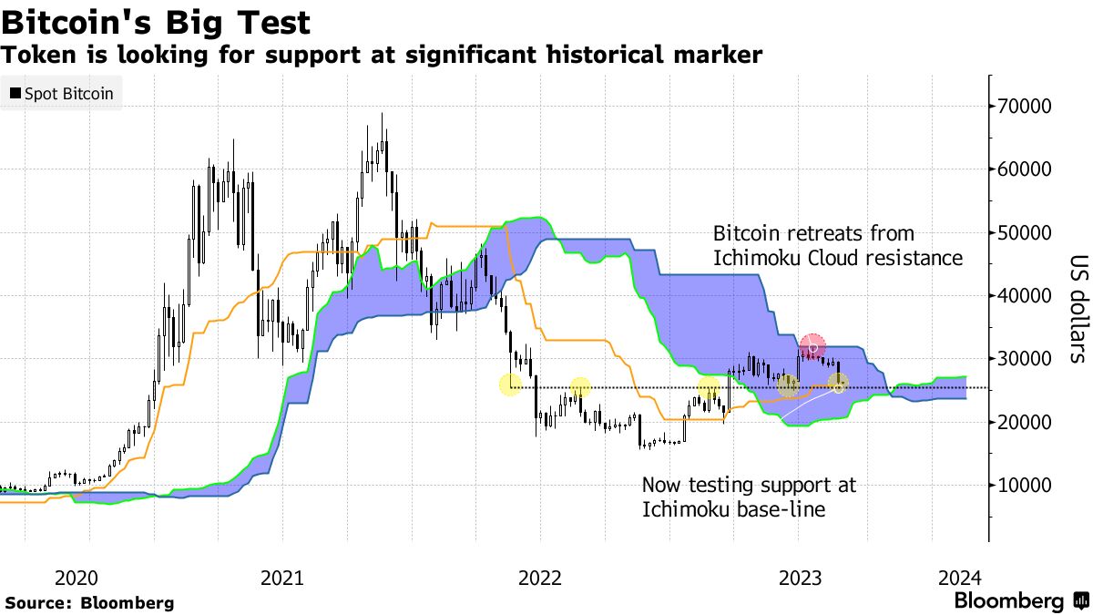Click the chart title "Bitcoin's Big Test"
click(156, 22)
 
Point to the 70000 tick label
click(1027, 107)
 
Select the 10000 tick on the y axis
click(1027, 486)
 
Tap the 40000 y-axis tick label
click(1027, 296)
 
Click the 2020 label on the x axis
click(76, 578)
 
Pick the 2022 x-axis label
click(539, 578)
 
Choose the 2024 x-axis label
click(959, 578)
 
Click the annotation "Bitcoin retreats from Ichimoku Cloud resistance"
click(837, 246)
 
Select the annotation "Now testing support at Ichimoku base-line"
click(749, 497)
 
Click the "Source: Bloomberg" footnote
click(89, 602)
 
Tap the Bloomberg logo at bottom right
click(1021, 601)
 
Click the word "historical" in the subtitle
click(598, 56)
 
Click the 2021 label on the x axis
click(281, 578)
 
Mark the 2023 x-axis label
click(802, 578)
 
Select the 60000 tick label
click(1027, 169)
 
